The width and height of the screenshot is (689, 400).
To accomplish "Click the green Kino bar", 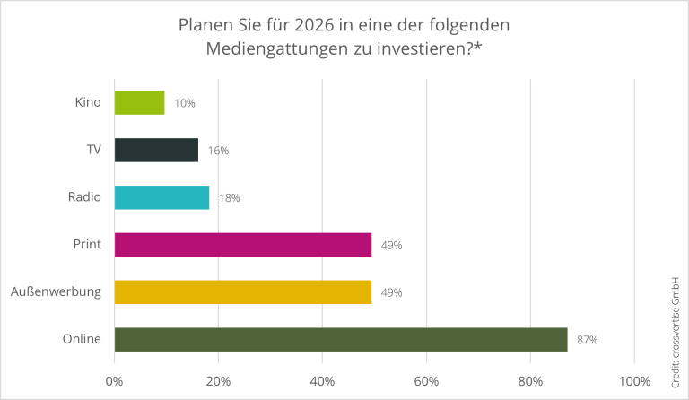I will [139, 102].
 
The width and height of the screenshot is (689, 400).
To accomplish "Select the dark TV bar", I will [156, 150].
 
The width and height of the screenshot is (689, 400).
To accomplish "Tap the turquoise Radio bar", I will [161, 197].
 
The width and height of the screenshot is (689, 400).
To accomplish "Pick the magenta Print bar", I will [242, 245].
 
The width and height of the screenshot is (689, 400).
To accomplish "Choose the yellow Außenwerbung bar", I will [242, 292].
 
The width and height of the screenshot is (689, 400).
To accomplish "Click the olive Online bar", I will [341, 340].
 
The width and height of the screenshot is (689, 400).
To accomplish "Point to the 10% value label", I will [185, 103].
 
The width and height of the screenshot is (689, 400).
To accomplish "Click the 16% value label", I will [218, 151].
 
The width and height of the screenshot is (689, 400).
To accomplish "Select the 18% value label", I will [229, 198].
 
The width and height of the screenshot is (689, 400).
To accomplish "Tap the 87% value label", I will [588, 341].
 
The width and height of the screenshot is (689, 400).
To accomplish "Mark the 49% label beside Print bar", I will [391, 246].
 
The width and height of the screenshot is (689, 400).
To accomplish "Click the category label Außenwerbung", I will [56, 291].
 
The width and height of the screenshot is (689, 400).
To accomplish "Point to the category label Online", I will [82, 339].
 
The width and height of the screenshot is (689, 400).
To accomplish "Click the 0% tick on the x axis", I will [115, 380].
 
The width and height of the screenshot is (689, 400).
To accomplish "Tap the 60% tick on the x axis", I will [426, 380].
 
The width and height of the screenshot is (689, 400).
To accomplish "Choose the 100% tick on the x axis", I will [634, 380].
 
